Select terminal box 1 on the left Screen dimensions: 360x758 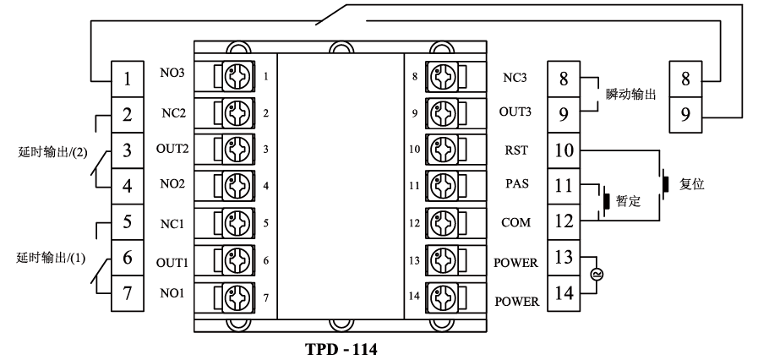click(x=127, y=79)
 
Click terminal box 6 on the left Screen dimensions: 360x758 click(x=127, y=259)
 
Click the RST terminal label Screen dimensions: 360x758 click(x=515, y=151)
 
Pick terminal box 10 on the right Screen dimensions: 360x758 click(x=564, y=150)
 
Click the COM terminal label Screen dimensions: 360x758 click(x=515, y=224)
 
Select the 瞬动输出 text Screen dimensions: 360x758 click(x=632, y=94)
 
